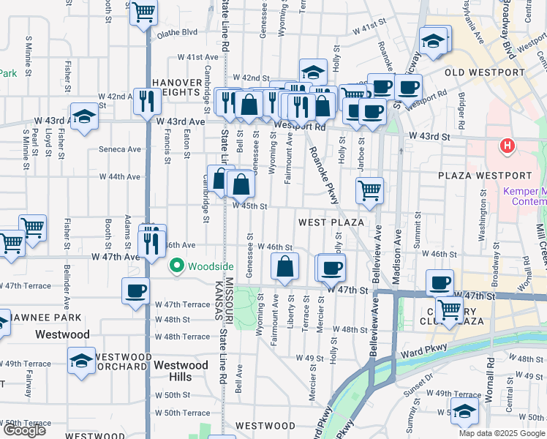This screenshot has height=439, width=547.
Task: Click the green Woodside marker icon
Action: tap(176, 266)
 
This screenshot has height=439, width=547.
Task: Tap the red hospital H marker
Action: tap(507, 146)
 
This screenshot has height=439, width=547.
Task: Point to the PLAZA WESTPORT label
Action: tap(485, 176)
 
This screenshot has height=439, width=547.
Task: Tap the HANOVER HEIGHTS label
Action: tap(176, 87)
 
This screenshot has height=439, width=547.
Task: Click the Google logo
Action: tap(25, 430)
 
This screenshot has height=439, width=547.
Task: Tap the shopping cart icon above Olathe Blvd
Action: tap(143, 12)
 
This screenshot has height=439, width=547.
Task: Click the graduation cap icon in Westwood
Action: tap(81, 360)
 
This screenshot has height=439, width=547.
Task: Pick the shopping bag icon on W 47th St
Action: tap(285, 267)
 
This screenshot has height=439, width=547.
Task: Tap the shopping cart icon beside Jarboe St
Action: tap(370, 189)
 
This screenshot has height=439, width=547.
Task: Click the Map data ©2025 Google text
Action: tap(502, 433)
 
